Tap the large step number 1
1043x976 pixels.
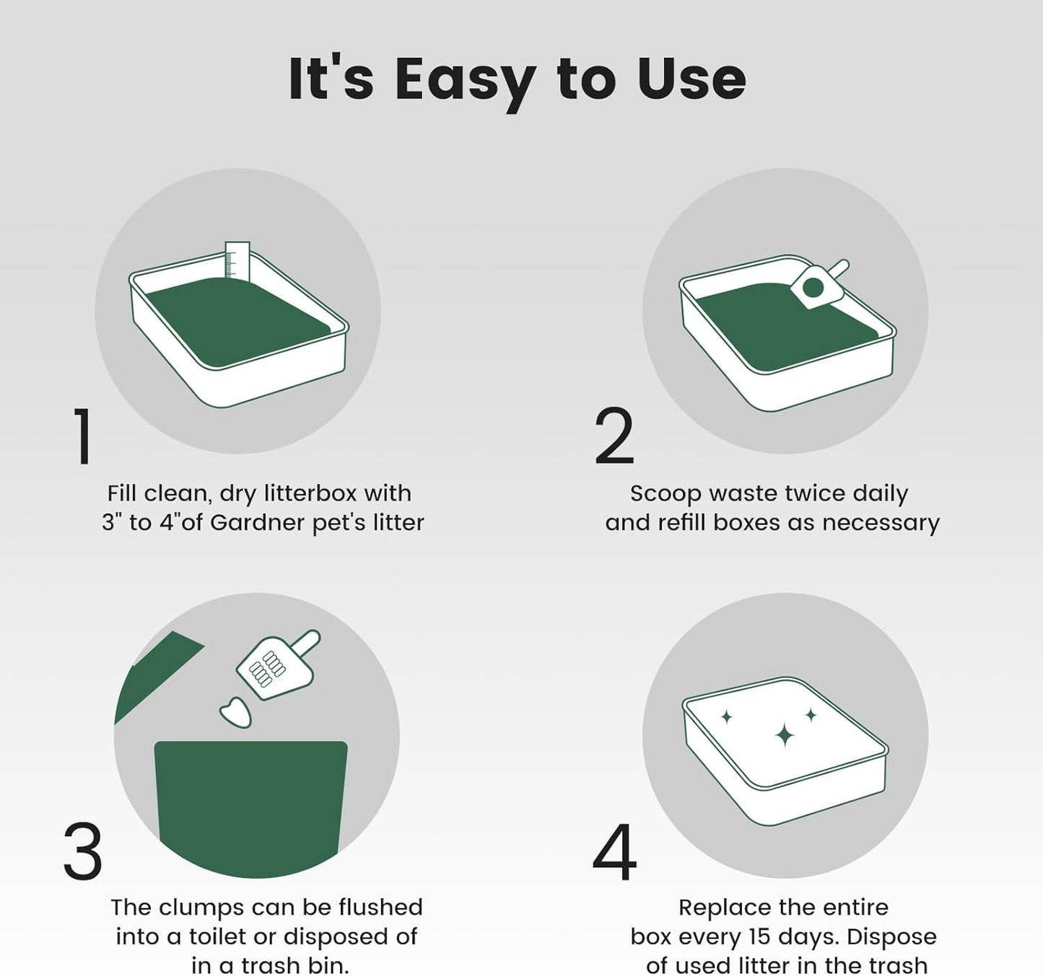coord(82,436)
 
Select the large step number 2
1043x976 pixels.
coord(614,436)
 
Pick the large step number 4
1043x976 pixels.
coord(614,851)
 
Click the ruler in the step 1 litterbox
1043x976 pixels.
coord(237,260)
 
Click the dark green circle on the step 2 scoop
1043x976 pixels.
coord(813,286)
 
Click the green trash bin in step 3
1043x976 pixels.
coord(250,809)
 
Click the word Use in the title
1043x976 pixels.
coord(691,79)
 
